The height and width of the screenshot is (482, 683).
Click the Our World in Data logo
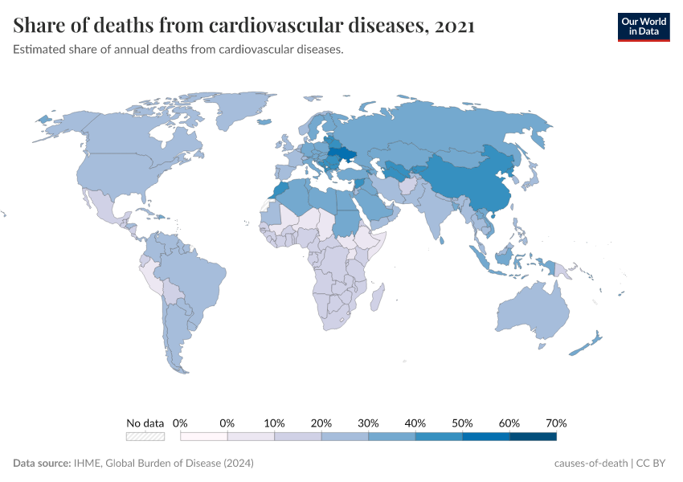(643, 27)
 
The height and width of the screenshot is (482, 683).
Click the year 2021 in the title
(454, 26)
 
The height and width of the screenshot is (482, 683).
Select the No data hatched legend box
(145, 436)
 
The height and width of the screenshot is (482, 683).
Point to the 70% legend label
(556, 423)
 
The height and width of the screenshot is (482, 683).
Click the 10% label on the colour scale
(275, 423)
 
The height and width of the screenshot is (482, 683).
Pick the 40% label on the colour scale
(415, 423)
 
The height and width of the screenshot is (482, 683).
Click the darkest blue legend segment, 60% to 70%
(533, 436)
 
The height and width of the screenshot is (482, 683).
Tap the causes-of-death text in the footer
(591, 464)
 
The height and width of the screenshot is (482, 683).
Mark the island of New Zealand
(585, 344)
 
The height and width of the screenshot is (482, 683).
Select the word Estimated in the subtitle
(40, 50)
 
